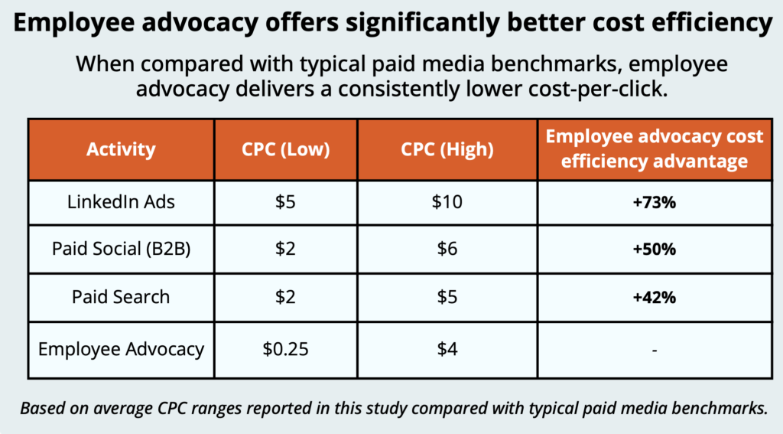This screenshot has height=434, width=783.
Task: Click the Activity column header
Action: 121,149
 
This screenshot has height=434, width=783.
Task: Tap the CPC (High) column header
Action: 447,149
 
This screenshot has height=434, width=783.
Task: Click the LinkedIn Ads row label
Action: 121,202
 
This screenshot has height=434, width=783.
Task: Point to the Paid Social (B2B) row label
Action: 121,250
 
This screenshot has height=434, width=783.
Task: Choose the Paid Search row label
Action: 121,297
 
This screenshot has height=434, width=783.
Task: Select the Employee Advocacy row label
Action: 121,350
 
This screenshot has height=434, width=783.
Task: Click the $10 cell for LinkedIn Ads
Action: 447,202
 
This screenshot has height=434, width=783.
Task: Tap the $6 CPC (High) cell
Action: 447,250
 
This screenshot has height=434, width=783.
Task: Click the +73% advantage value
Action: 654,203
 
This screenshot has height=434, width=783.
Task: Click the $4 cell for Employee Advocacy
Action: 447,350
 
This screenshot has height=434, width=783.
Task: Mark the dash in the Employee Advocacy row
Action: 654,351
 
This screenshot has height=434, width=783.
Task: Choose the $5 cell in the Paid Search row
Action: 447,297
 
